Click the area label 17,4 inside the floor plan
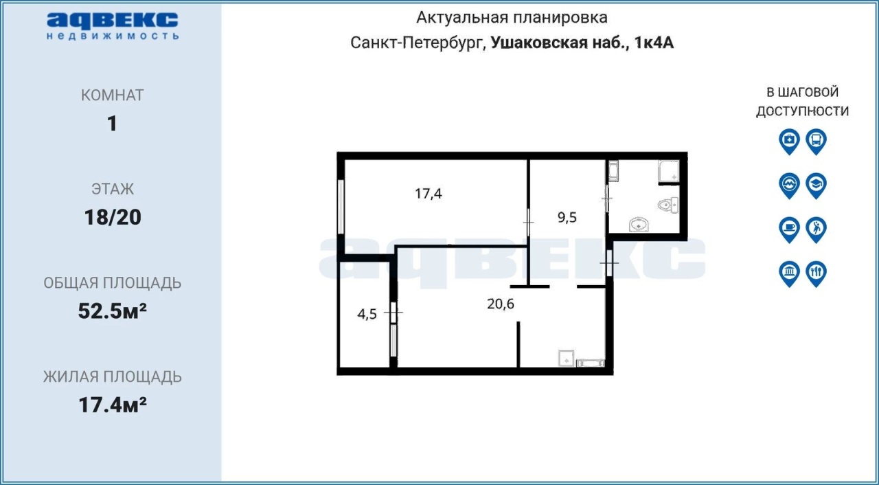click(x=428, y=194)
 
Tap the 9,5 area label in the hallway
click(x=567, y=217)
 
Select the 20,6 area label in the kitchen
click(x=501, y=304)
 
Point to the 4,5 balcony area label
click(x=367, y=315)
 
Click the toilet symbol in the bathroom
click(x=668, y=205)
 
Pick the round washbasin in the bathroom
click(x=639, y=225)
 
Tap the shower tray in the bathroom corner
click(x=669, y=172)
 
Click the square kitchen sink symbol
click(x=567, y=358)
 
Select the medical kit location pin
click(x=789, y=142)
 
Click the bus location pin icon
click(x=817, y=142)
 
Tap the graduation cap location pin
click(x=817, y=185)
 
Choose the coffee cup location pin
click(x=789, y=229)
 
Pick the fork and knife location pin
click(x=817, y=274)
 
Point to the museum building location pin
click(x=789, y=274)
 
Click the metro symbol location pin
click(x=789, y=185)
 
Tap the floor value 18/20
click(x=113, y=217)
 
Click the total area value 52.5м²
click(x=113, y=311)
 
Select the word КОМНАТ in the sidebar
click(x=113, y=95)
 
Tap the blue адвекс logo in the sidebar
click(x=113, y=26)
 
